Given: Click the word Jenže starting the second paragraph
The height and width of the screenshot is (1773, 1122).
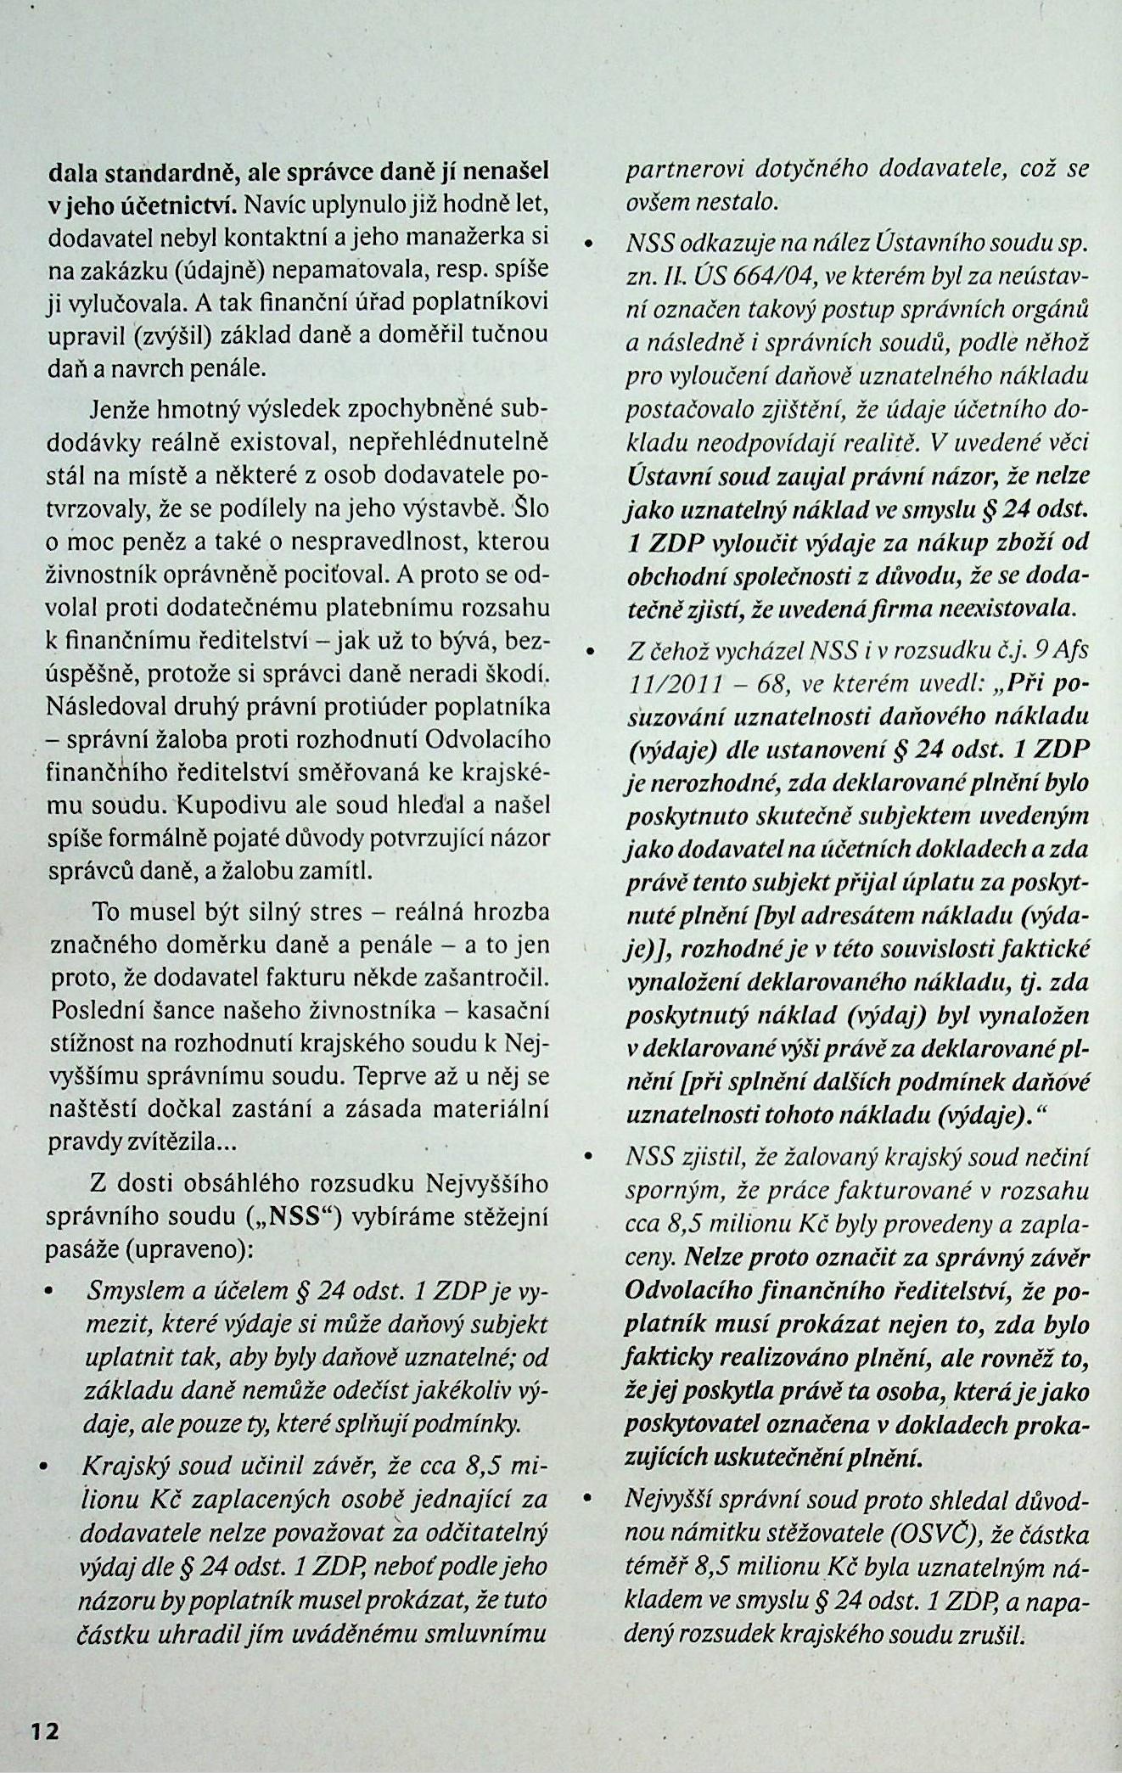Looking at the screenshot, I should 126,412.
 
